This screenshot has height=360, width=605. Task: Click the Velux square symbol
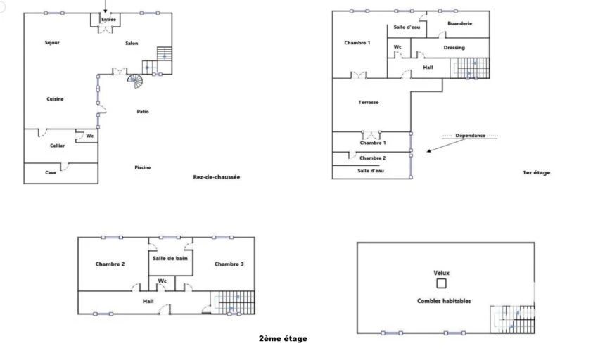click(441, 283)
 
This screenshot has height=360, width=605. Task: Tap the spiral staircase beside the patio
click(135, 81)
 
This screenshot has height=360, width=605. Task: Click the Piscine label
click(143, 167)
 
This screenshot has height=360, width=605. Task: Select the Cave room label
click(51, 173)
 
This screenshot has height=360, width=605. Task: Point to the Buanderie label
click(459, 23)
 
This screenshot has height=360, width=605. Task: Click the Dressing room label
click(454, 48)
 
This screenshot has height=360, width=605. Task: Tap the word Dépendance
click(471, 136)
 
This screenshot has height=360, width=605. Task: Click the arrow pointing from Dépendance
click(446, 146)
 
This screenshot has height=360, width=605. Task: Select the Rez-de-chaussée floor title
click(217, 177)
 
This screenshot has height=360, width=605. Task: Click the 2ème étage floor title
click(283, 339)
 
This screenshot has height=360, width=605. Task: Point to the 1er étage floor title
click(536, 173)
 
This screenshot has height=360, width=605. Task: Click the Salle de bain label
click(170, 258)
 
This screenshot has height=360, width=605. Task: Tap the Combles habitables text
click(444, 301)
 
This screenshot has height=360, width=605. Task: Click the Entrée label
click(108, 19)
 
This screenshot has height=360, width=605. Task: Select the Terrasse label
click(369, 103)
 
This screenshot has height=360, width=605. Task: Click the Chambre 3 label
click(229, 264)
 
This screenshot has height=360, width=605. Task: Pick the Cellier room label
click(57, 146)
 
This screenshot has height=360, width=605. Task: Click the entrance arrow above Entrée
click(106, 6)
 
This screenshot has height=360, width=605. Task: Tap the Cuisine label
click(55, 99)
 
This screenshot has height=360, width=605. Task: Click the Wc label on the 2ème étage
click(163, 281)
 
